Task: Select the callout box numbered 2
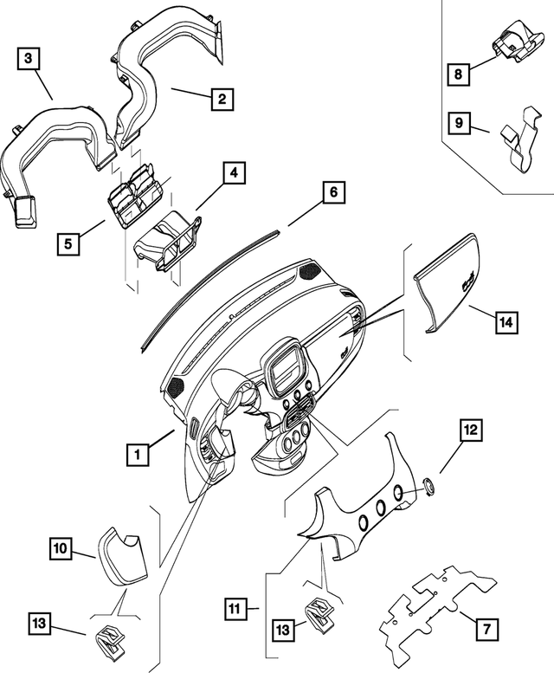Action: (x=222, y=99)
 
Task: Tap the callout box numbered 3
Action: (x=29, y=58)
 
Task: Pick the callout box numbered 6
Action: (x=333, y=192)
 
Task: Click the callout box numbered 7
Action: (x=486, y=629)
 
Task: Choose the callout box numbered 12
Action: (x=471, y=430)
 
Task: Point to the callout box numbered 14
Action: (x=507, y=322)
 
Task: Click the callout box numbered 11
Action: (x=235, y=609)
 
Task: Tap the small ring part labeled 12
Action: (x=428, y=486)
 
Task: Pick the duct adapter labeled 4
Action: (x=169, y=241)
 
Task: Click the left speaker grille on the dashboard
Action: (x=176, y=387)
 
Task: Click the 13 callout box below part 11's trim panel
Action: (x=282, y=630)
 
